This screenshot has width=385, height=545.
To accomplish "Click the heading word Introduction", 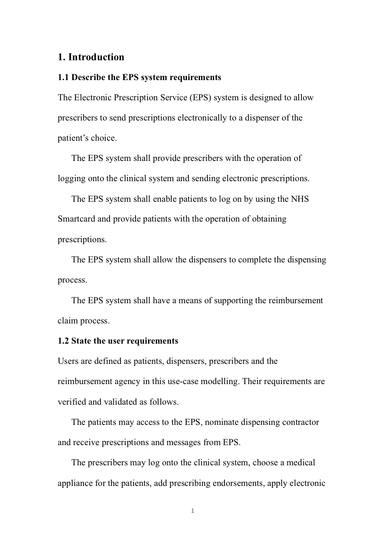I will click(x=96, y=57).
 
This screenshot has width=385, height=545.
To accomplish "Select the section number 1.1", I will click(x=63, y=77).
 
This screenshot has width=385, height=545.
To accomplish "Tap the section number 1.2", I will click(x=63, y=341).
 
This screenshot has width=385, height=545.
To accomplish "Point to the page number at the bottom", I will click(x=193, y=511).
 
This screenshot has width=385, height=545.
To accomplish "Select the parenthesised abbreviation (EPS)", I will click(x=200, y=98).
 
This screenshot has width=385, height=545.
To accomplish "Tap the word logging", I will click(x=71, y=179).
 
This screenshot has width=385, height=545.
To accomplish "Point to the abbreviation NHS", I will click(x=300, y=199).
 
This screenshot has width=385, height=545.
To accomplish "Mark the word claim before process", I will click(x=68, y=321).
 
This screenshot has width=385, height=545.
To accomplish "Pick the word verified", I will click(x=72, y=402).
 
